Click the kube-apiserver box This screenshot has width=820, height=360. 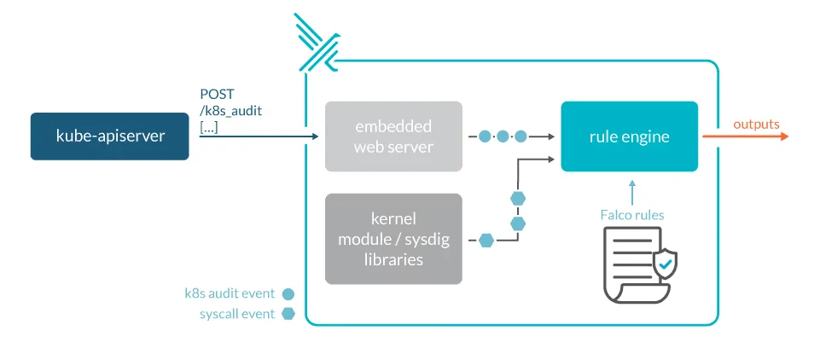pos(109,136)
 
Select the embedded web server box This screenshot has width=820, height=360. pos(393,136)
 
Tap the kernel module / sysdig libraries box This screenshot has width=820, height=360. pos(393,239)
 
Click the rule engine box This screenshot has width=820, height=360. pos(629,136)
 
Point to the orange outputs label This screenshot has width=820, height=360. pos(756,125)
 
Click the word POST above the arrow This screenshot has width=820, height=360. pos(218,94)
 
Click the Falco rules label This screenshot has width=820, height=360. pos(631,215)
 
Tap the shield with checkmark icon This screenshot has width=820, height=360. pos(665,266)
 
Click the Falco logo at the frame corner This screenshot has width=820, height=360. pos(317,42)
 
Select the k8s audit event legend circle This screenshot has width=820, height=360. pos(288,293)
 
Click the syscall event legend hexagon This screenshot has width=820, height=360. pos(288,314)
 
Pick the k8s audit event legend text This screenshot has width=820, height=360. pos(230,293)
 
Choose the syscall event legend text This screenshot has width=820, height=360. pos(236,314)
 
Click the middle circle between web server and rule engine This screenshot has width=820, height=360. pos(503,136)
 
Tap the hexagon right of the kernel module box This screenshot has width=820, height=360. pos(486,241)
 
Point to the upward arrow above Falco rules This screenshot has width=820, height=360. pos(631,191)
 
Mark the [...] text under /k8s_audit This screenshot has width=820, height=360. pos(208,126)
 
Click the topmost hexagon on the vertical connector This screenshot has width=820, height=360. pos(517,198)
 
